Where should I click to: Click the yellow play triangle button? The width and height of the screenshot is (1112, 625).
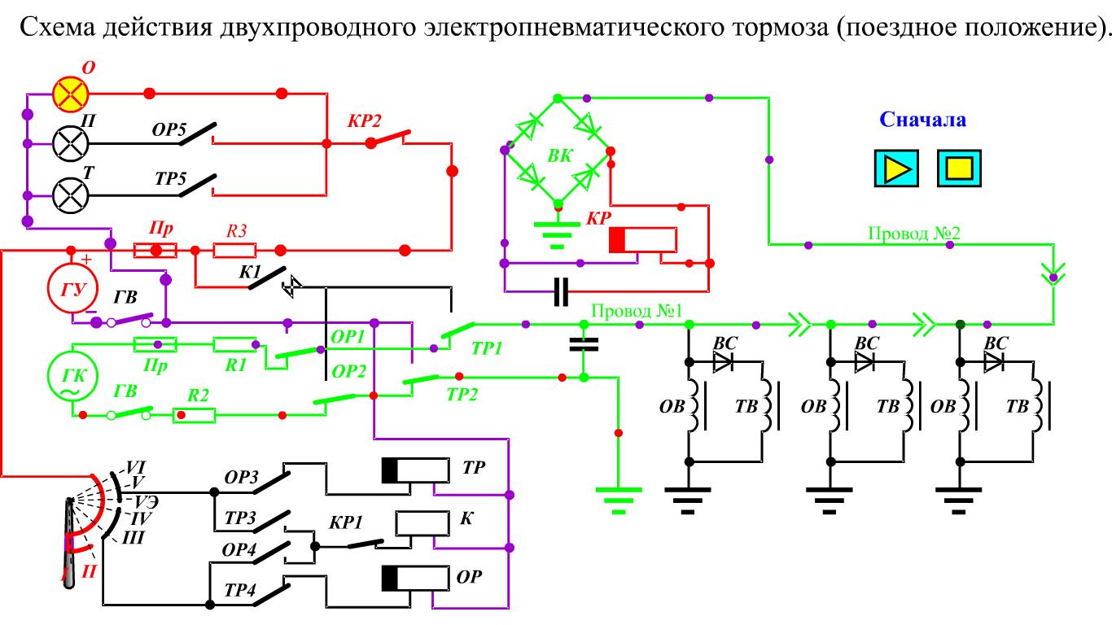pos(896,168)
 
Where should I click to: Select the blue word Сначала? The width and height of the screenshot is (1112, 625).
pos(923,120)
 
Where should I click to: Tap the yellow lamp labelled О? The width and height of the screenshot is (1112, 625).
pos(71,94)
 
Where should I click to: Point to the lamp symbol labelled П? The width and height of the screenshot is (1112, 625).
pos(71,144)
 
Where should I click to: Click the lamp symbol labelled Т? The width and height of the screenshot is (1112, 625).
pos(71,195)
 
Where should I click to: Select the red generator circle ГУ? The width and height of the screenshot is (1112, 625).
pos(72,288)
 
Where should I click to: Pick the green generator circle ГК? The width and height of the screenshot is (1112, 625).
pos(72,376)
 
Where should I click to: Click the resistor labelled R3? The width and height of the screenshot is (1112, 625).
pos(234,250)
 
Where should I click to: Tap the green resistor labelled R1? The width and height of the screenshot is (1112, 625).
pos(234,344)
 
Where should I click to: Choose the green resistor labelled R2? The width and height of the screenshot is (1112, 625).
pos(194,415)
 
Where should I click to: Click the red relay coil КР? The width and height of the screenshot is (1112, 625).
pos(643,240)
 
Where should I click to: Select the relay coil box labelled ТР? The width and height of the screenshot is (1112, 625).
pos(415,470)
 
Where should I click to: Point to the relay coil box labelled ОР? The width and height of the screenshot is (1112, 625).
pos(415,579)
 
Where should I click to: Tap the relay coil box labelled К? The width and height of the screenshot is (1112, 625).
pos(422,524)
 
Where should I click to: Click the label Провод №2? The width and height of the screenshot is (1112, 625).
pos(914,233)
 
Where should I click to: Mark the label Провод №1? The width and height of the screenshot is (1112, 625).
pos(637,311)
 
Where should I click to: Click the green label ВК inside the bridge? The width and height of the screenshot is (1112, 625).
pos(560,156)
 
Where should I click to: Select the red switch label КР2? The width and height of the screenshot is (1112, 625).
pos(364,121)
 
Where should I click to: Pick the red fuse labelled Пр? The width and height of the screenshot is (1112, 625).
pos(155,250)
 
